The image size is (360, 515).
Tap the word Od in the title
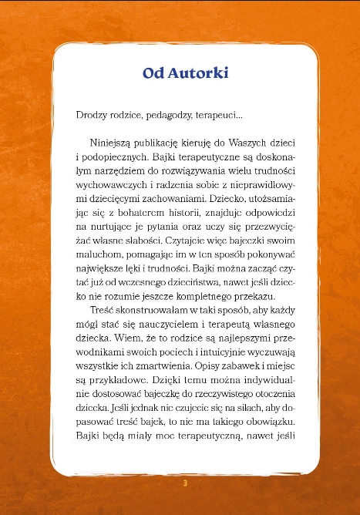pos(153,73)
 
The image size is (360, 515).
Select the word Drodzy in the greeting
pos(93,116)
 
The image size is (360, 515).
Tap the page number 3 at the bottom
pos(185,483)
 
